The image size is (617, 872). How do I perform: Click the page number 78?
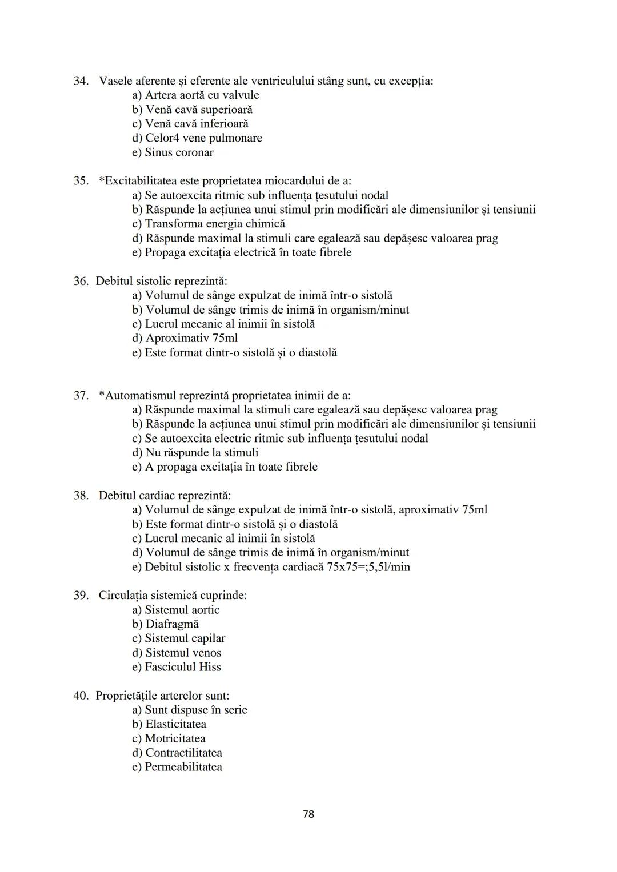point(308,814)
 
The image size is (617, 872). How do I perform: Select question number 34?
point(81,81)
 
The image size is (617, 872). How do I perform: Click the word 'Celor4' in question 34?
point(162,138)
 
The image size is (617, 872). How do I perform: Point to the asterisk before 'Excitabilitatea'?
point(102,180)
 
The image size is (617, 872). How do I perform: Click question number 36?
point(81,281)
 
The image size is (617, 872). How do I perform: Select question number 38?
point(81,495)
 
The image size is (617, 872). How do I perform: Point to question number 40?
point(81,696)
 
